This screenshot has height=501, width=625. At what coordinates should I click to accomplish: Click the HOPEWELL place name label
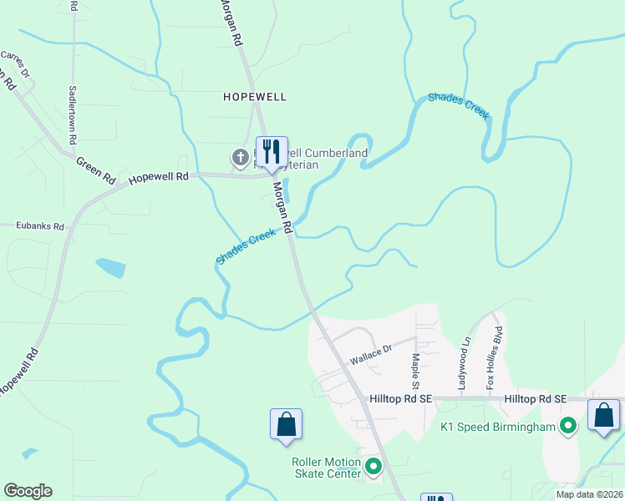pyautogui.click(x=255, y=97)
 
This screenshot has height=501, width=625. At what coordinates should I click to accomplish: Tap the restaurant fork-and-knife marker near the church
pyautogui.click(x=272, y=152)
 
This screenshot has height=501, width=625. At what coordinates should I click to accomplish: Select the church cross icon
pyautogui.click(x=240, y=156)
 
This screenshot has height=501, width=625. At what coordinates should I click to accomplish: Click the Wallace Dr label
pyautogui.click(x=371, y=354)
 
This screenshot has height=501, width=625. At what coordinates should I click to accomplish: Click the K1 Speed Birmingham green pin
pyautogui.click(x=568, y=427)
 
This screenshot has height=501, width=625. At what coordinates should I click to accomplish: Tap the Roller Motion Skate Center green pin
pyautogui.click(x=373, y=467)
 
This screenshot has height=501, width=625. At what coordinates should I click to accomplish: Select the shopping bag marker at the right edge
pyautogui.click(x=604, y=415)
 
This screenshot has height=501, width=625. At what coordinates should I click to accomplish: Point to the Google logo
pyautogui.click(x=28, y=491)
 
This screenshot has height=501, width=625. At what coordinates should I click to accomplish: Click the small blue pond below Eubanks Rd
pyautogui.click(x=110, y=268)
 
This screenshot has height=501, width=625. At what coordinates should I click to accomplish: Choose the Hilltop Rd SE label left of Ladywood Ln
pyautogui.click(x=400, y=400)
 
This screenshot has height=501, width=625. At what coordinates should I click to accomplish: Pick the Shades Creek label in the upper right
pyautogui.click(x=458, y=106)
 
